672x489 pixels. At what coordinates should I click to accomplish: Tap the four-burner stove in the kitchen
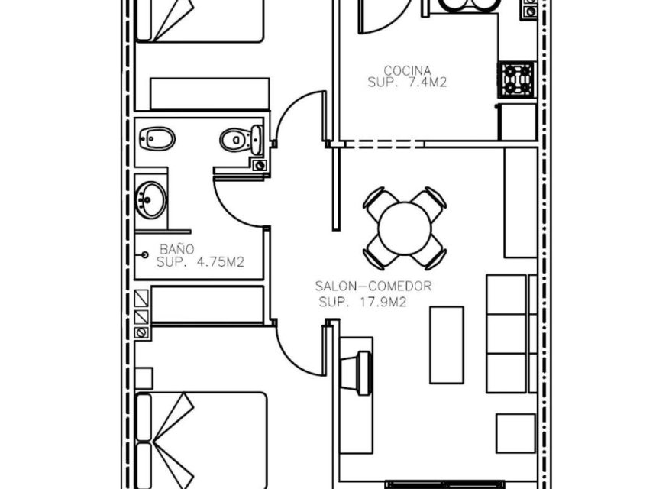pos(517,79)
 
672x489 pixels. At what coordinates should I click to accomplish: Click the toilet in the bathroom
pos(240,140)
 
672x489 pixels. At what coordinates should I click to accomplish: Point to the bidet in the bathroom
pos(157,138)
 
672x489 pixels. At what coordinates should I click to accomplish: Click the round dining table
pos(404,227)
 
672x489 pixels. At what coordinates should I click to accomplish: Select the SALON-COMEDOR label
pos(374,287)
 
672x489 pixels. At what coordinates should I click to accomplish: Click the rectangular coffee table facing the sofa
pos(446,344)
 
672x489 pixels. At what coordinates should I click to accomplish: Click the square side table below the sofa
pos(515,432)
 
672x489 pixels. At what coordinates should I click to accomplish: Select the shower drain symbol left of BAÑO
pos(144,255)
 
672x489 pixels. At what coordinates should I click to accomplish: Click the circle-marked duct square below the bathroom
pos(141,333)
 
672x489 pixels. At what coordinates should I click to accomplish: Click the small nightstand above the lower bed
pos(143,378)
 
